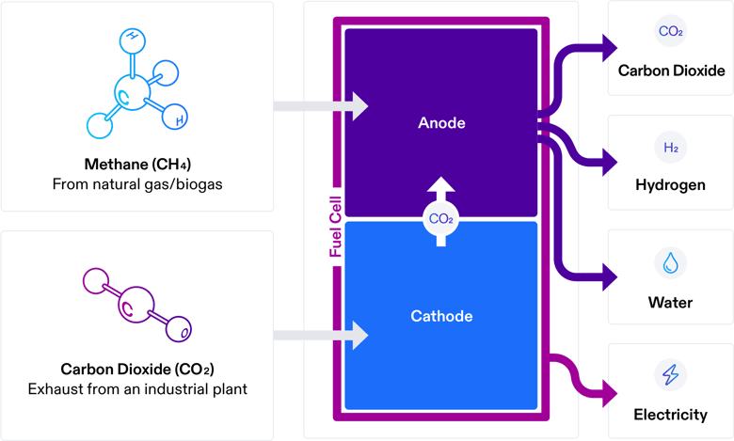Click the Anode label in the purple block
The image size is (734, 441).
pos(441,123)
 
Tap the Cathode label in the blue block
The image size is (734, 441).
pos(441,316)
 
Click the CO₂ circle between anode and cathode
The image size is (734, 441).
pos(441,219)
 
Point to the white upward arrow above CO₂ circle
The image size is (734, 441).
pos(441,187)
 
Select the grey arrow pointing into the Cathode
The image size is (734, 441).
pos(320,334)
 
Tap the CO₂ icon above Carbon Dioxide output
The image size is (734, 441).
pos(671,32)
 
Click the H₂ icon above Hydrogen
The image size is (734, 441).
pos(671,148)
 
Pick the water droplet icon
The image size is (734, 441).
pos(671,263)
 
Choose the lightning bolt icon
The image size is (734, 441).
pos(671,375)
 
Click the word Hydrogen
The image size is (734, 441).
pos(671,185)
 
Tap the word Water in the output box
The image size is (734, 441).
pos(671,303)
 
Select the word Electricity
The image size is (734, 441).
pos(671,415)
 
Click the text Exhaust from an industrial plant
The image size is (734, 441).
pos(137,388)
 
